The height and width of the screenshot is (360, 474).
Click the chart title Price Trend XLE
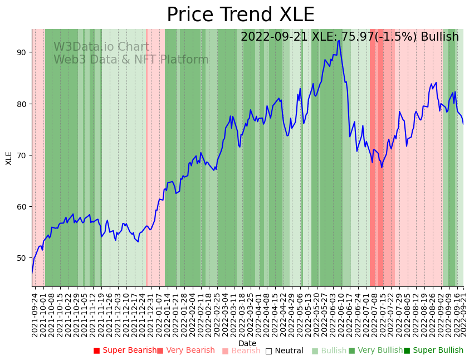pos(241,14)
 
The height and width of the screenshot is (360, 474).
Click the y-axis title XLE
pos(9,158)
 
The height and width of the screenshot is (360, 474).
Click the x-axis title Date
pos(247,343)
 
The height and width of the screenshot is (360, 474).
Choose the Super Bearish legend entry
pos(125,351)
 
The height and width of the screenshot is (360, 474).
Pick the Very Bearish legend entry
pos(185,351)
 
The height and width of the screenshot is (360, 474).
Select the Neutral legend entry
pos(284,351)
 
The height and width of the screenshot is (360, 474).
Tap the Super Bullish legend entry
pos(433,351)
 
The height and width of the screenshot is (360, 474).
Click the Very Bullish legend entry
pos(375,351)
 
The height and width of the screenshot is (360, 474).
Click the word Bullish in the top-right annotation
pos(439,37)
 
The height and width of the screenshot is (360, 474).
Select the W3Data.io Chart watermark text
pos(101,47)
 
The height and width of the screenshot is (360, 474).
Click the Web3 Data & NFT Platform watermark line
pos(131,60)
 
